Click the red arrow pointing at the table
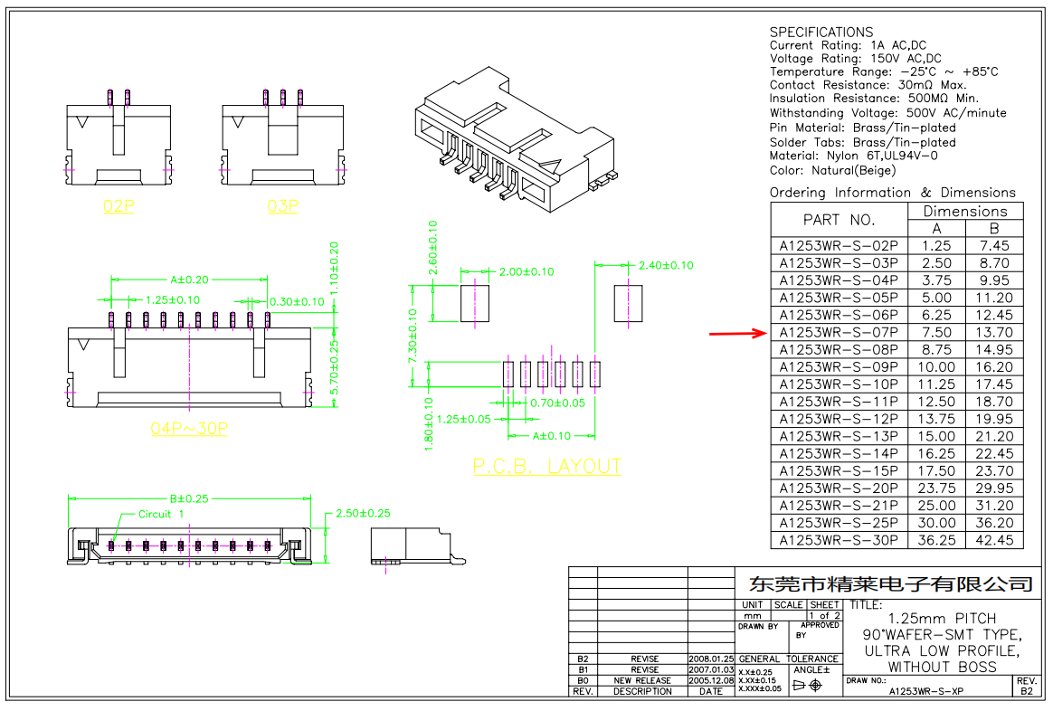pyautogui.click(x=736, y=334)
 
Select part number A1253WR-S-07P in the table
pyautogui.click(x=839, y=333)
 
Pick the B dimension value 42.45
pyautogui.click(x=994, y=540)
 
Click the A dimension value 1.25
pyautogui.click(x=936, y=246)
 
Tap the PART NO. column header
pyautogui.click(x=839, y=220)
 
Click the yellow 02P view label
pyautogui.click(x=118, y=206)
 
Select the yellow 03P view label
pyautogui.click(x=283, y=206)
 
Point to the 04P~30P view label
pyautogui.click(x=189, y=428)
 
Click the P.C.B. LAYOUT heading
pyautogui.click(x=547, y=467)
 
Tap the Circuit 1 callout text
pyautogui.click(x=161, y=514)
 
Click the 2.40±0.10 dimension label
pyautogui.click(x=666, y=265)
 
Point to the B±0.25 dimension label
pyautogui.click(x=189, y=498)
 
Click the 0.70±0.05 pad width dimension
pyautogui.click(x=557, y=403)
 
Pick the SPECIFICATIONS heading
pyautogui.click(x=821, y=32)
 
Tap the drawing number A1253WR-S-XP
pyautogui.click(x=925, y=691)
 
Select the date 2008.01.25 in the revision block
pyautogui.click(x=711, y=659)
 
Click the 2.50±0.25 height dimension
pyautogui.click(x=363, y=513)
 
